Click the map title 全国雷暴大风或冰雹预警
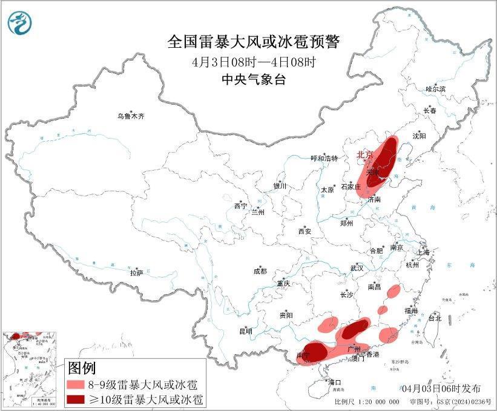point(254,42)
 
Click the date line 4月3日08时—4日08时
point(254,62)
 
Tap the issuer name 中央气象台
point(254,79)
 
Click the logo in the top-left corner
point(19,22)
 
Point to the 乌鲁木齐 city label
point(131,116)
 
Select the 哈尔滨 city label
point(435,89)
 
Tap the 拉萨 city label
point(136,273)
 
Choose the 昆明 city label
point(245,331)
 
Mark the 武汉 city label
point(357,268)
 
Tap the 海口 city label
point(335,382)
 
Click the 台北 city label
point(434,318)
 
